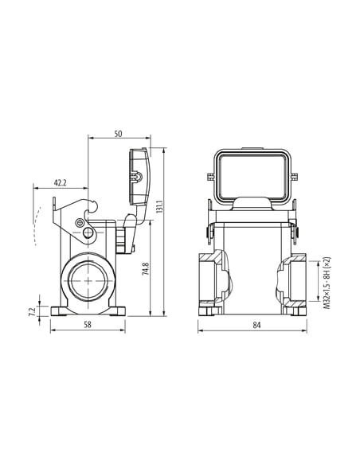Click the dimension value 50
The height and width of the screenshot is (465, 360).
(x=118, y=134)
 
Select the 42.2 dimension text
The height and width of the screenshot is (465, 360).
(x=61, y=182)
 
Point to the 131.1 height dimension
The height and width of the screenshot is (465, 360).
(x=159, y=207)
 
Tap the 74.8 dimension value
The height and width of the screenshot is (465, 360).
(x=145, y=268)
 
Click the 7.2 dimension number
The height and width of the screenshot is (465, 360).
(x=33, y=311)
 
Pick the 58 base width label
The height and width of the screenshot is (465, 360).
(x=88, y=325)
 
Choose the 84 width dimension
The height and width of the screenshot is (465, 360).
(x=256, y=325)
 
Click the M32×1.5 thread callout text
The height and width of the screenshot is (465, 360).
(x=327, y=283)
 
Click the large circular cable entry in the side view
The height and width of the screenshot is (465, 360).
(x=88, y=281)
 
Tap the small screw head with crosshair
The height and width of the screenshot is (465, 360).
(x=80, y=223)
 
